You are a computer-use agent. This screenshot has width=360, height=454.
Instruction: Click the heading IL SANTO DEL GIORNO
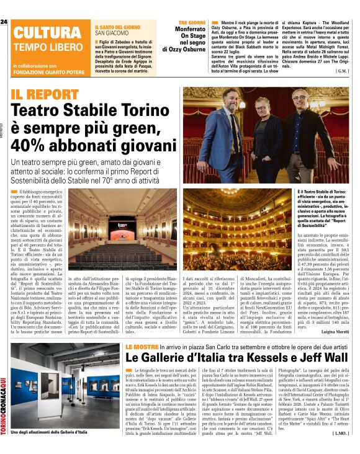point(119,28)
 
